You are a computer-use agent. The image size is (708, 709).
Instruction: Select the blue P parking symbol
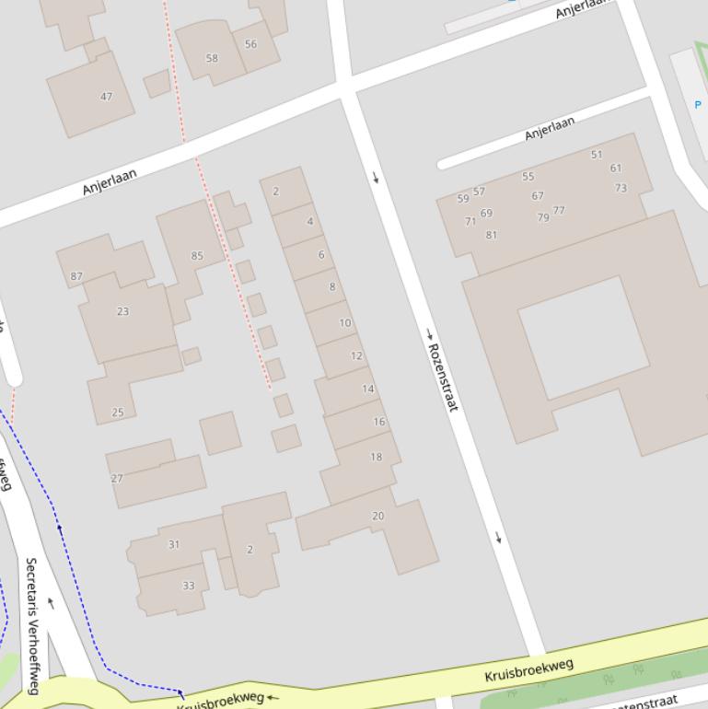tap(697, 105)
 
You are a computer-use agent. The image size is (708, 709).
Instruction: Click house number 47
tap(107, 97)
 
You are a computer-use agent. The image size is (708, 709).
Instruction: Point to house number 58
tap(212, 58)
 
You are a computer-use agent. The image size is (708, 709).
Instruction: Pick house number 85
tap(197, 256)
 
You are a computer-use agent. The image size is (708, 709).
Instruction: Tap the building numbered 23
tap(123, 311)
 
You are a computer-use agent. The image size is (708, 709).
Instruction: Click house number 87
tap(76, 276)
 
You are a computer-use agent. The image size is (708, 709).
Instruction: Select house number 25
tap(118, 412)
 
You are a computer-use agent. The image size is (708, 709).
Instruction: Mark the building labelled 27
tap(117, 479)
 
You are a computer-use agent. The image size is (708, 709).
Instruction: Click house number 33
tap(189, 586)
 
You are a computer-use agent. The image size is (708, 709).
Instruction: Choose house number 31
tap(174, 544)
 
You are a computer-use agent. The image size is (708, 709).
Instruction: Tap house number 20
tap(377, 516)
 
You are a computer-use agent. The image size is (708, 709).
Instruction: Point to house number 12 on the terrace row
tap(356, 355)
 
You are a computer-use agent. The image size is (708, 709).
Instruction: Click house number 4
tap(310, 221)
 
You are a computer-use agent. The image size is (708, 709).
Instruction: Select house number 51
tap(597, 155)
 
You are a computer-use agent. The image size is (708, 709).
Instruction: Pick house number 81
tap(491, 235)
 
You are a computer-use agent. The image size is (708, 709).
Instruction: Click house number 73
tap(621, 188)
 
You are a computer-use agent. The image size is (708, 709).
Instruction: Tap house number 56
tap(250, 44)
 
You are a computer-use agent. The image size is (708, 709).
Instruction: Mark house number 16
tap(379, 422)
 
